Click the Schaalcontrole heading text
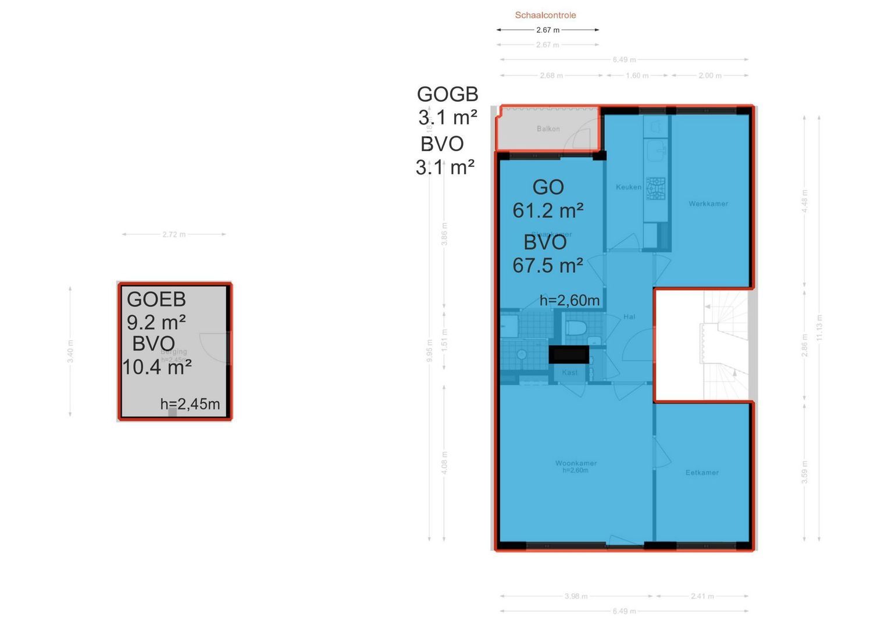pos(545,15)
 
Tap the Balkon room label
pos(548,129)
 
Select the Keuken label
pos(629,187)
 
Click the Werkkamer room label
pos(708,204)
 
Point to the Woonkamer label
pos(576,463)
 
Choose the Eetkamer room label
pos(702,473)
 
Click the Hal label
pos(629,317)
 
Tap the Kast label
pos(570,372)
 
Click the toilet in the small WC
pos(575,328)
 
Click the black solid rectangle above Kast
pos(569,354)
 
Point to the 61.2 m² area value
pos(548,210)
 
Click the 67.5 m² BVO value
pos(548,266)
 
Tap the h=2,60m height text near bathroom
pos(569,301)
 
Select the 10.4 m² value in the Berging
pos(157,367)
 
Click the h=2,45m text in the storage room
pos(190,404)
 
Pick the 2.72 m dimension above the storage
pos(174,234)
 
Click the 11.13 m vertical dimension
pos(819,327)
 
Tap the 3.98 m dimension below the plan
pos(576,596)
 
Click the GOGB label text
pos(447,94)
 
